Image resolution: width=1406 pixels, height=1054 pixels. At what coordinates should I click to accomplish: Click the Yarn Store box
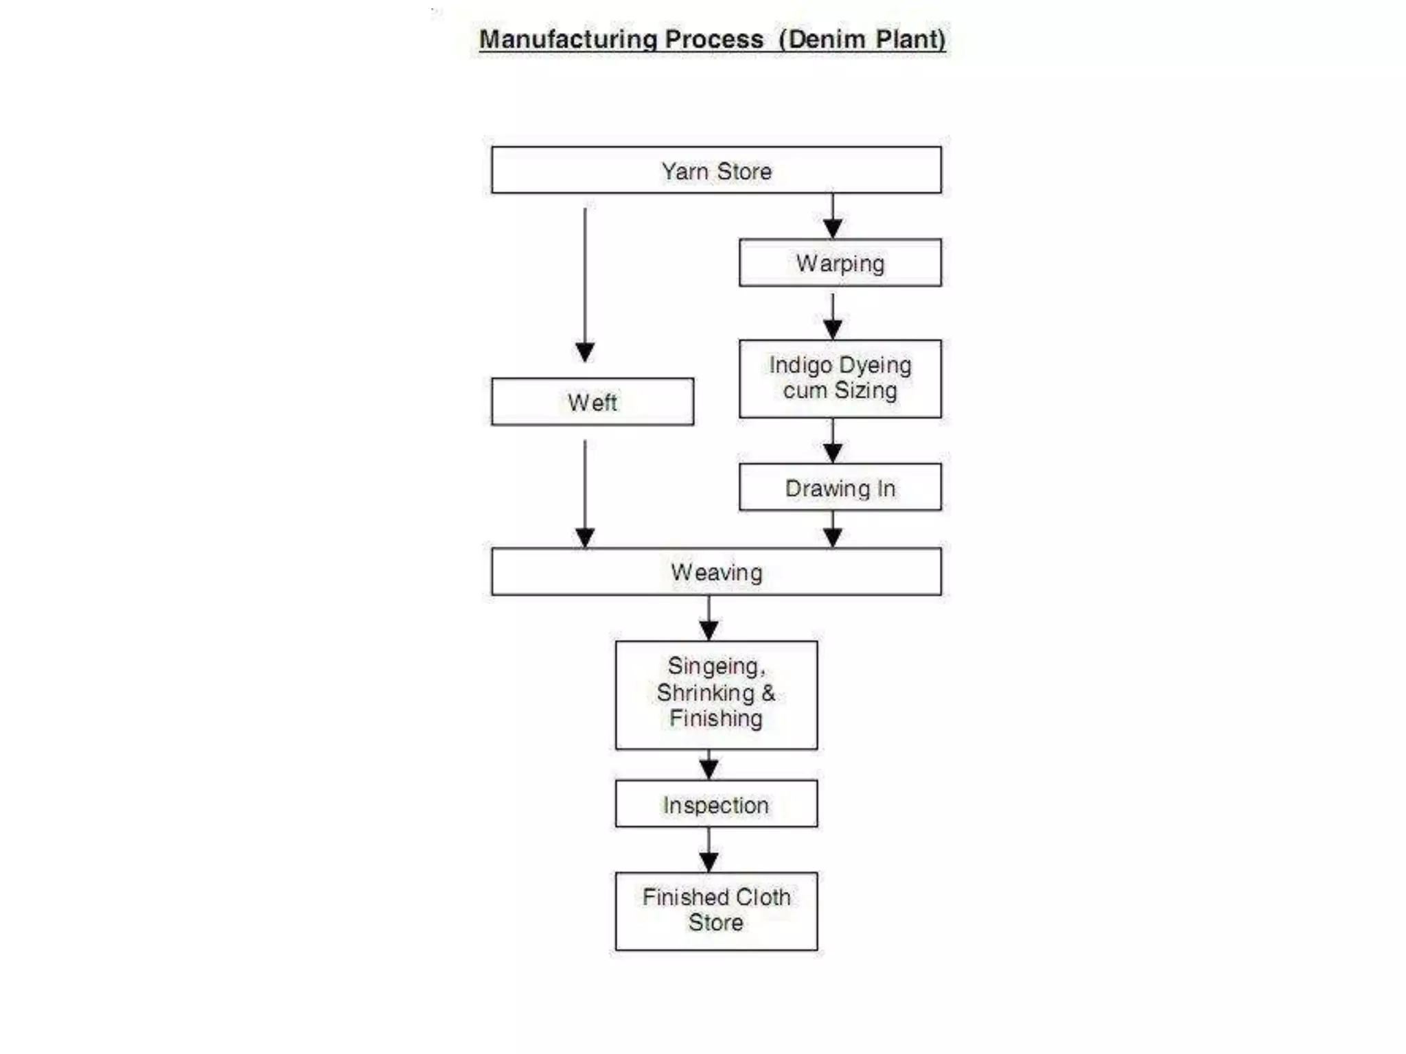click(716, 170)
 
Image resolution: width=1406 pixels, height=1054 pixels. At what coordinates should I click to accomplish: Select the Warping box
click(840, 263)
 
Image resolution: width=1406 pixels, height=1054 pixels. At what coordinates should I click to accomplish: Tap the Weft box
click(592, 402)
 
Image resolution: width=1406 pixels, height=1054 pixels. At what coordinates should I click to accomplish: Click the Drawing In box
click(840, 488)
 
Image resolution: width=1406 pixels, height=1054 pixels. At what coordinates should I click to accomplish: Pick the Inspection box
click(716, 804)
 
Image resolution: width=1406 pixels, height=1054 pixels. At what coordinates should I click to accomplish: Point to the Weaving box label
click(716, 572)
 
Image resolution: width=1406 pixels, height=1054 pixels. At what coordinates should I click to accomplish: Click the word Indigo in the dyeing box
click(800, 366)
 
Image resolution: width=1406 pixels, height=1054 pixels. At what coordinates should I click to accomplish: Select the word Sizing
click(866, 390)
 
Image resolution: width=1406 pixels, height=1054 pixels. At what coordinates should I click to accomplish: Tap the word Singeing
click(715, 666)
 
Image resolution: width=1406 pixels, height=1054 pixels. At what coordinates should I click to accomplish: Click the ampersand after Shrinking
click(768, 692)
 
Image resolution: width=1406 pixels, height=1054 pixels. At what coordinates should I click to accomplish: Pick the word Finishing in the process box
click(716, 718)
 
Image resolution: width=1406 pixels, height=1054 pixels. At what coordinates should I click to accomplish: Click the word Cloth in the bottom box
click(763, 897)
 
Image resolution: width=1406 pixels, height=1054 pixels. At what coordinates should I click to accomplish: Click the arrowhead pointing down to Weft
click(585, 352)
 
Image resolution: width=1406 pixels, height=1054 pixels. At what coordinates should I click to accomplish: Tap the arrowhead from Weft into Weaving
click(585, 537)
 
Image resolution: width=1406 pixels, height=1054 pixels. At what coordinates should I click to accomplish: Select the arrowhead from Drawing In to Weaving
click(833, 537)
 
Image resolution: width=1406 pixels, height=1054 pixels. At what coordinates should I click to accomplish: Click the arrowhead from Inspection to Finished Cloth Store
click(708, 862)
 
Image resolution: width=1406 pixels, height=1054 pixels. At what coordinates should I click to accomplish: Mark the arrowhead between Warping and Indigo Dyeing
click(833, 329)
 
